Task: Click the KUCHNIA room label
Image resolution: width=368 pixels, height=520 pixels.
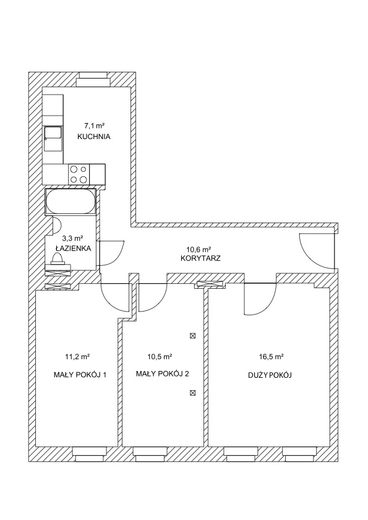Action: pos(93,136)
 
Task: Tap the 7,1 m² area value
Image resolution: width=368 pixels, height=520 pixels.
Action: pos(94,126)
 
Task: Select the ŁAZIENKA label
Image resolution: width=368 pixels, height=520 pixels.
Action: pos(74,248)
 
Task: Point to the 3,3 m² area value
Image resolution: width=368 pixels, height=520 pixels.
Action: pos(72,238)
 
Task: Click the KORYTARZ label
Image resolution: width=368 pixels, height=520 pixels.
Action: pos(200,258)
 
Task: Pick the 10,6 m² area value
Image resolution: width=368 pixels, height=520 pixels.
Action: pos(200,249)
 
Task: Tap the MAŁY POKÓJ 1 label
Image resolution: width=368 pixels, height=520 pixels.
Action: pos(80,375)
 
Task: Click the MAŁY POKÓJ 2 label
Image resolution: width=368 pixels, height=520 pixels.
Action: pos(163,373)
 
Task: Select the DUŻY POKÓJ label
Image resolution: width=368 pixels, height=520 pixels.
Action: pos(270,375)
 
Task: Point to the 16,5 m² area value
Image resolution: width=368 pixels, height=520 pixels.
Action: pos(271,357)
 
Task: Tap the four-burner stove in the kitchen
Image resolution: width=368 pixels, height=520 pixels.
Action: pos(79,174)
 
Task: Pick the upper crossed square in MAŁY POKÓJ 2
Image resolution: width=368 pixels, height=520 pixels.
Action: pos(192,336)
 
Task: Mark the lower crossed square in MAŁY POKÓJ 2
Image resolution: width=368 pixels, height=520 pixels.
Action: pos(192,393)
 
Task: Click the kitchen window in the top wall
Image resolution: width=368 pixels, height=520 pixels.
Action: pos(93,80)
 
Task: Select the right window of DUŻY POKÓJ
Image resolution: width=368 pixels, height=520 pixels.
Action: pos(300,454)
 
